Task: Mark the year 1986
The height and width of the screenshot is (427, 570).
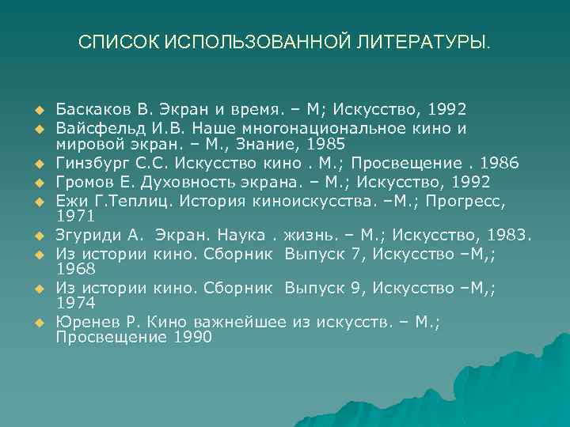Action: coord(502,163)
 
